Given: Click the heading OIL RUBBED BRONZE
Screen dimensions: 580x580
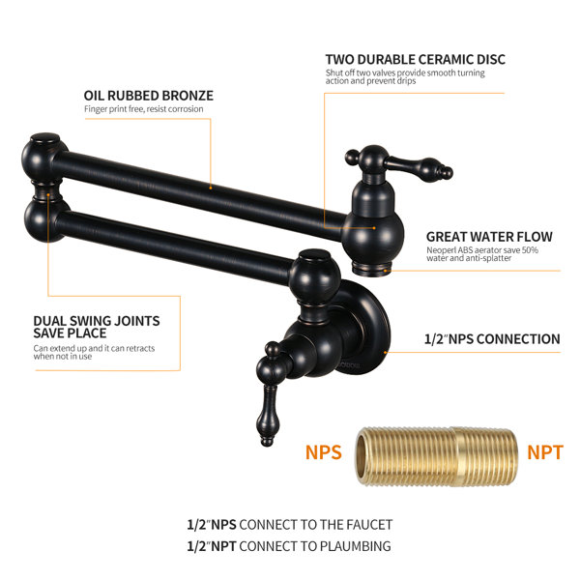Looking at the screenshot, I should tap(148, 96).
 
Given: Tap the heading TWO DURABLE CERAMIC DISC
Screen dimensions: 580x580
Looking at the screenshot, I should tap(415, 59).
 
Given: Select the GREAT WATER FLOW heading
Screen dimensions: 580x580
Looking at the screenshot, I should tap(489, 236).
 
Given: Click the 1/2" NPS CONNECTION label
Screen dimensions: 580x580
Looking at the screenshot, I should tap(492, 339).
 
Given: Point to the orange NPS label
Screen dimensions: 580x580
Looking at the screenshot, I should tap(323, 451).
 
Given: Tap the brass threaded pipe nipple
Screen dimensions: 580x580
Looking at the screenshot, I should tap(434, 452).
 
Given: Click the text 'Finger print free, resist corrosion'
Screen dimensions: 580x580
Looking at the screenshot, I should tap(143, 109).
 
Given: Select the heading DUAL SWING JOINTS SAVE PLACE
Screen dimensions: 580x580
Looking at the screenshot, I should tap(96, 327).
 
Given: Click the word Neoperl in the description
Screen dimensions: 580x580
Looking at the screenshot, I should tap(442, 250).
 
